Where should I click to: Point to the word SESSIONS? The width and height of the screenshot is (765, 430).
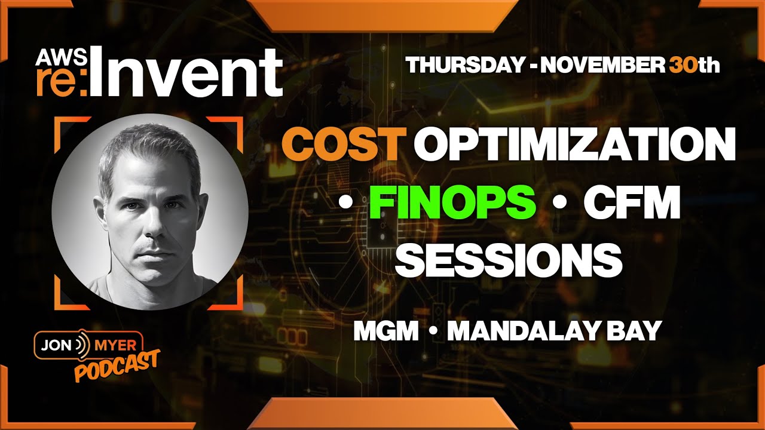click(509, 260)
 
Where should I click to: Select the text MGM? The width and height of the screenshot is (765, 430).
click(385, 331)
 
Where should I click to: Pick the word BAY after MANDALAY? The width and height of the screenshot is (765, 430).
click(637, 331)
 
